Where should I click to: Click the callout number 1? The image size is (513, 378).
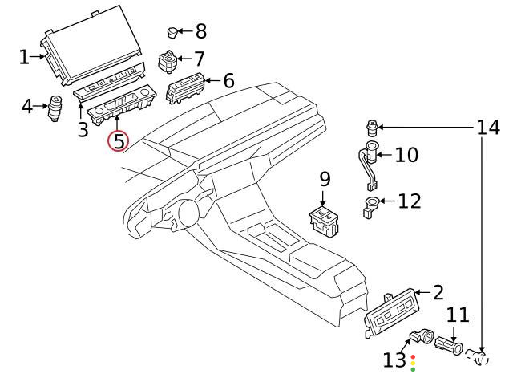(x=24, y=57)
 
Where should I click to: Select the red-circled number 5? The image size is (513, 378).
(x=119, y=141)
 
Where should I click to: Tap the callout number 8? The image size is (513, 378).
(x=201, y=31)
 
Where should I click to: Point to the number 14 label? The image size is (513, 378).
(x=488, y=127)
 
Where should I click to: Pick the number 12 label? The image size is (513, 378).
(x=410, y=201)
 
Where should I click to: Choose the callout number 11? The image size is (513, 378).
(x=458, y=315)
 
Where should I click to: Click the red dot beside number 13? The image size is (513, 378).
(x=413, y=356)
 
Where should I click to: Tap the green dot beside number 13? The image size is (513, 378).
(x=413, y=369)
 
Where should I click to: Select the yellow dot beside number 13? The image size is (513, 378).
(x=413, y=363)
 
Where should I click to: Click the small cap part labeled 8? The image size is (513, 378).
(x=172, y=32)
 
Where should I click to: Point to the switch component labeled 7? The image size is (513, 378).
(x=168, y=61)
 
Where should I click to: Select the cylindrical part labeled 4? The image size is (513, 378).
(x=55, y=108)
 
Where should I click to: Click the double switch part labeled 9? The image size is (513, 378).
(x=324, y=221)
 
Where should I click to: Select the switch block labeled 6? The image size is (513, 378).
(x=185, y=87)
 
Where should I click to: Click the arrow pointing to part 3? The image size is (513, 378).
(x=80, y=110)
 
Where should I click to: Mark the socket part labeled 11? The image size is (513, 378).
(x=449, y=344)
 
